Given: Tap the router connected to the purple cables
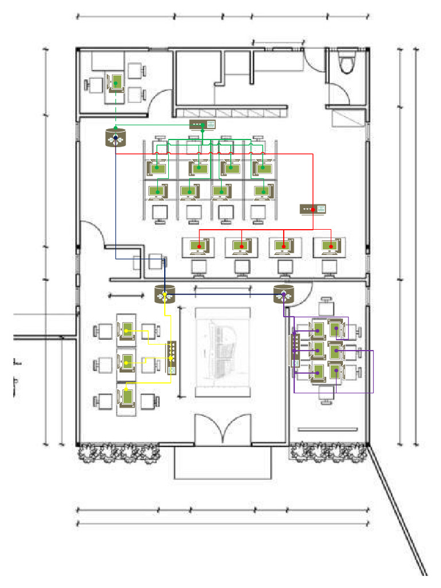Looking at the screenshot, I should click(283, 295).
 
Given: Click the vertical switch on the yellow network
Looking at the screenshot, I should click(172, 358).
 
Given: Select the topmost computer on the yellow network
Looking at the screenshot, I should click(126, 331).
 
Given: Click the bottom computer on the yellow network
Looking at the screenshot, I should click(126, 397).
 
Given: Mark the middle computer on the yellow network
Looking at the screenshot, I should click(126, 363).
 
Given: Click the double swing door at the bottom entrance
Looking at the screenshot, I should click(223, 428).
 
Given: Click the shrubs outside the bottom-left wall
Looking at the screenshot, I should click(118, 454).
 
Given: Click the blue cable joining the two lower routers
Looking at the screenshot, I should click(224, 295).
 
